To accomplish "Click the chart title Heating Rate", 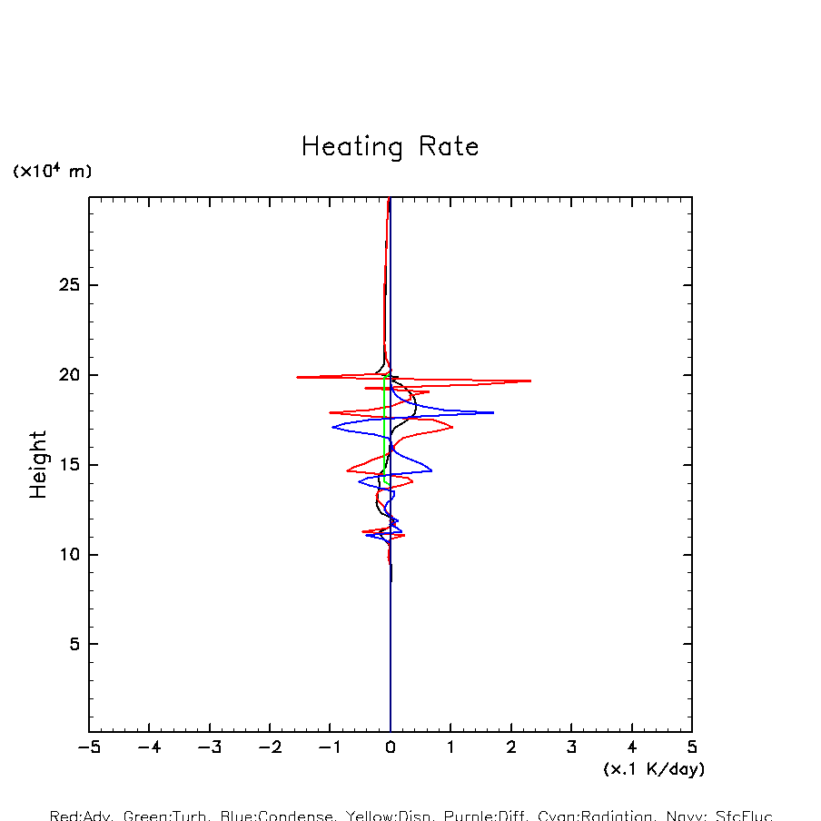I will click(x=390, y=147).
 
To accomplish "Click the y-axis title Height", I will click(x=38, y=464).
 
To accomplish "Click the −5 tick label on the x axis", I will click(x=88, y=748).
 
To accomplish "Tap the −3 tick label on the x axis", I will click(x=209, y=748).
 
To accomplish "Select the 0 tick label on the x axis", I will click(x=391, y=748).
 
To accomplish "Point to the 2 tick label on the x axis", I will click(x=511, y=748).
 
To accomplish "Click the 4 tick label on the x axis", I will click(x=632, y=748).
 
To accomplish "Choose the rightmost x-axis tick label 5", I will click(x=692, y=748).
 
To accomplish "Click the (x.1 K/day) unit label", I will click(x=654, y=769).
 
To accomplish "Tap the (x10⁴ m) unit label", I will click(x=52, y=171).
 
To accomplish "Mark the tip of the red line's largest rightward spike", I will click(x=530, y=381).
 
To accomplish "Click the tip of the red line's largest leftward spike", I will click(x=297, y=377).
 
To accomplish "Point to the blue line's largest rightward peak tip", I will click(x=493, y=412).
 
